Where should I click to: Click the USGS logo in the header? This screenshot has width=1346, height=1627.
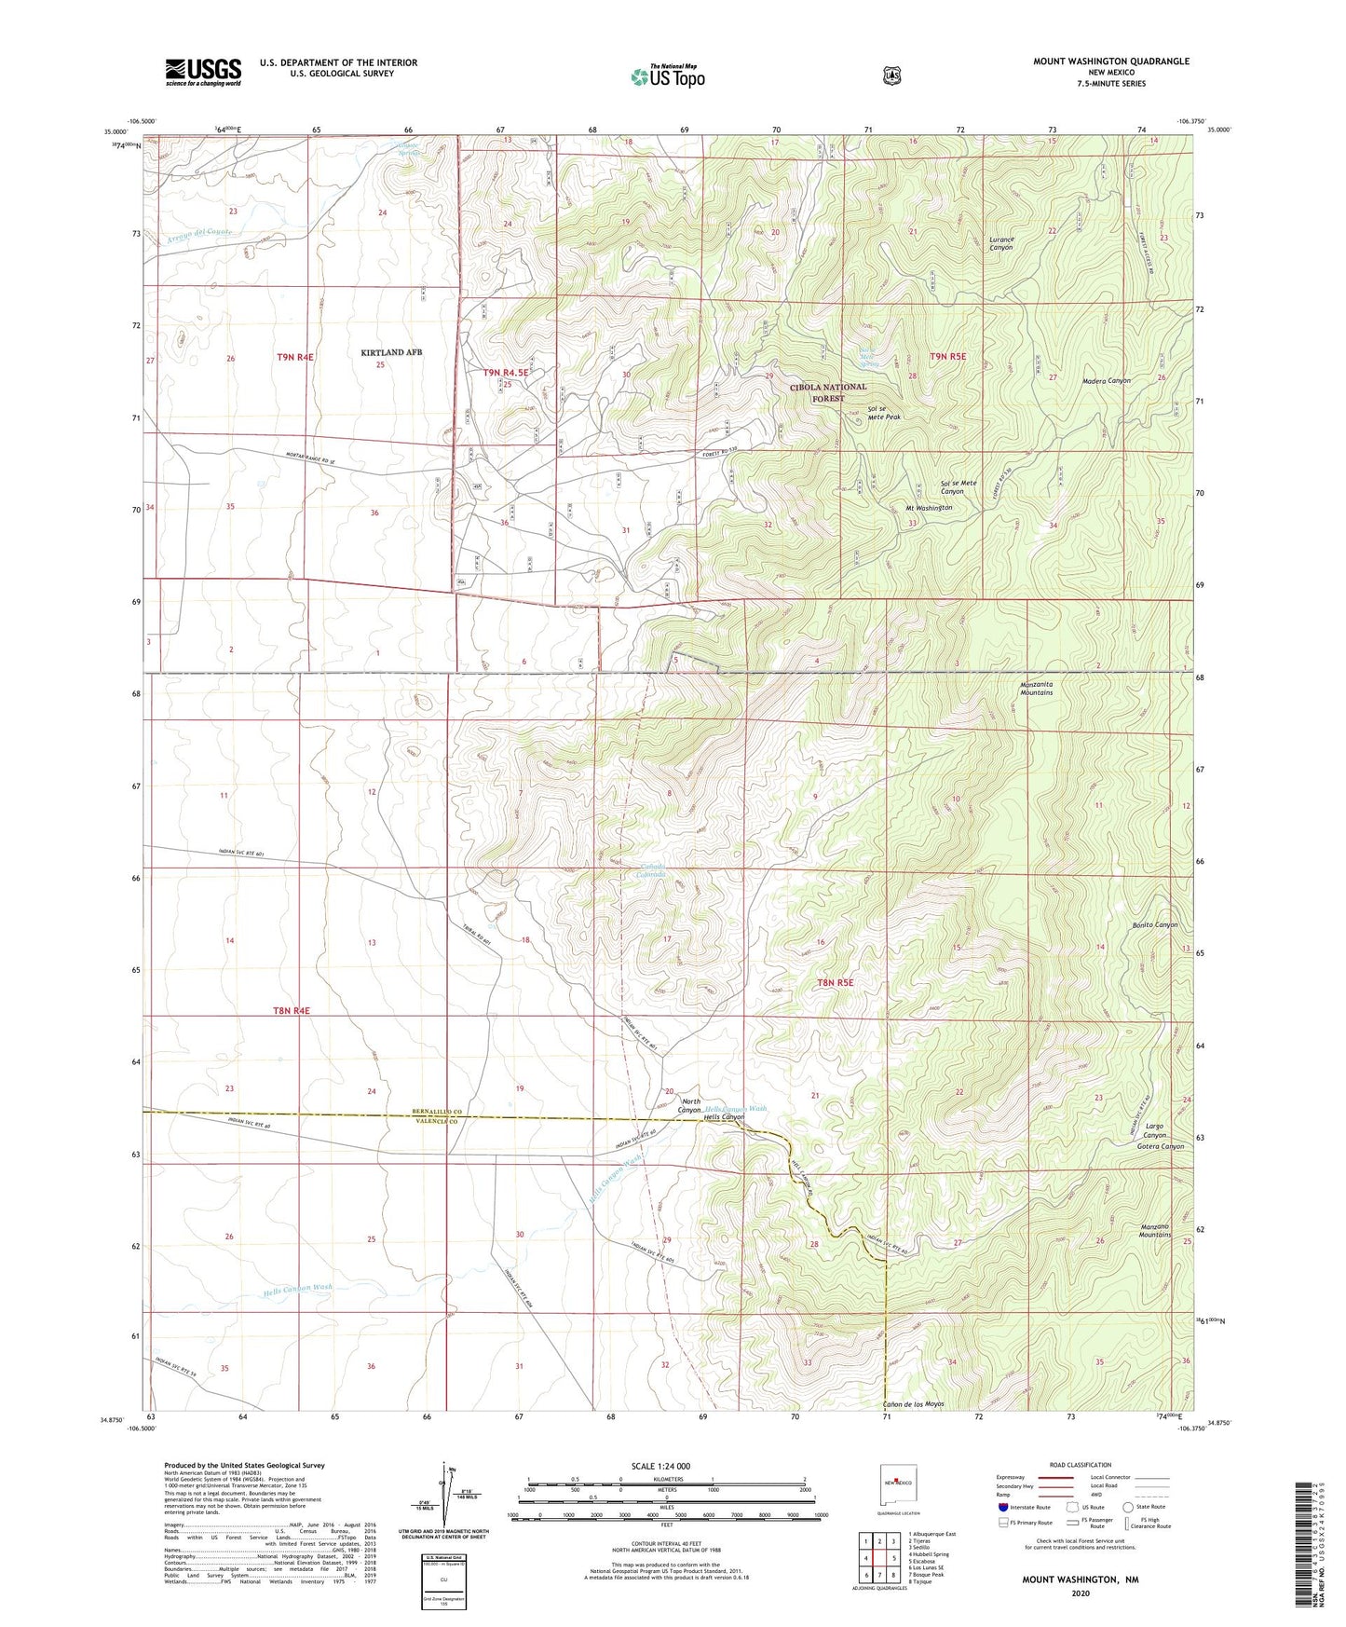pos(203,72)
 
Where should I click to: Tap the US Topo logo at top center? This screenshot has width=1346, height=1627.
pos(667,76)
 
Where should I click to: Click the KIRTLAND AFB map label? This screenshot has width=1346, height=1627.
pos(391,352)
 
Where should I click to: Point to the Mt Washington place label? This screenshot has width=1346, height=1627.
pos(929,508)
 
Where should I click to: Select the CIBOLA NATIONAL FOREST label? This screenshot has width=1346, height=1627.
pos(828,392)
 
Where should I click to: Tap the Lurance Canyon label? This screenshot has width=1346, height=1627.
pos(1001,244)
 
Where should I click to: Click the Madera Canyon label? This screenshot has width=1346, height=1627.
pos(1107,380)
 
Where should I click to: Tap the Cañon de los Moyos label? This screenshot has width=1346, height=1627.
pos(914,1404)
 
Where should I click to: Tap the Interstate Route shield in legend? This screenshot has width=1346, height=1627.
pos(1003,1507)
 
